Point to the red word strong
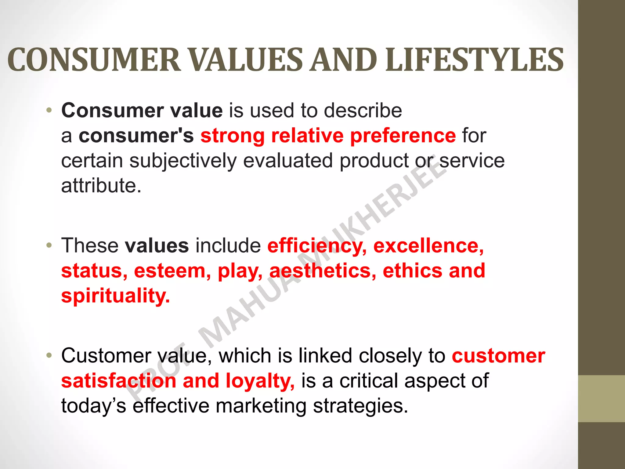coord(232,136)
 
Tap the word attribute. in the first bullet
coord(101,186)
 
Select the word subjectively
coord(183,161)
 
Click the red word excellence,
coord(428,246)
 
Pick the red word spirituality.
coord(115,296)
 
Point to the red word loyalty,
coord(260,381)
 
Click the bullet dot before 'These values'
coord(49,245)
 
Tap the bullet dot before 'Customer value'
coord(49,356)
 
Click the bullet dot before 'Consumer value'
coord(49,110)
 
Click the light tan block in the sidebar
coord(601,398)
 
